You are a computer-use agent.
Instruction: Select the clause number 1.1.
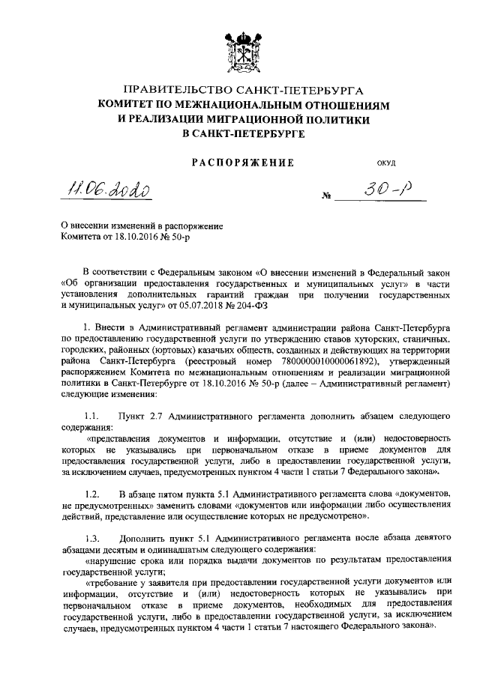[x=91, y=415]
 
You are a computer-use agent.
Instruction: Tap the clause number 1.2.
[x=91, y=494]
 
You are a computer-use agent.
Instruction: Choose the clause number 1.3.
[x=91, y=539]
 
